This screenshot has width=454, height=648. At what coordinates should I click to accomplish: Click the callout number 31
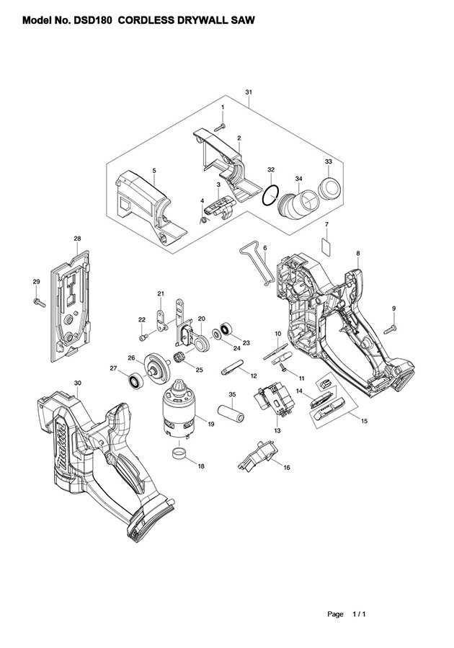249,93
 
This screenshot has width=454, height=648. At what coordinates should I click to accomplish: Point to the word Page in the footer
335,614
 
